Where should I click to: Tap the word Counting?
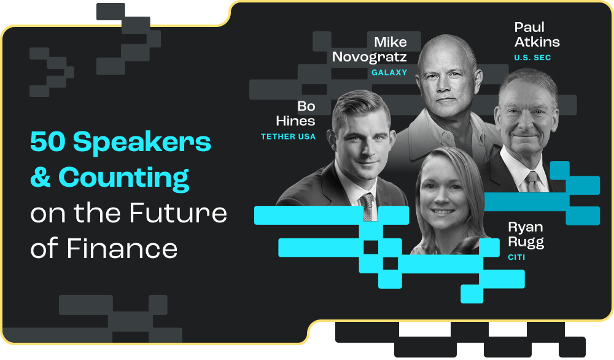click(x=123, y=178)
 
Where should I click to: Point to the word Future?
click(x=179, y=213)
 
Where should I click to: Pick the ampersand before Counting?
click(x=41, y=178)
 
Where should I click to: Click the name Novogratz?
click(x=370, y=57)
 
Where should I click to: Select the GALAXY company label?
click(x=389, y=72)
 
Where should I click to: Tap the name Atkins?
click(x=537, y=42)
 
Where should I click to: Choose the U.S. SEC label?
click(x=532, y=58)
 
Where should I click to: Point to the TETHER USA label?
click(x=288, y=136)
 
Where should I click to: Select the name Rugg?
click(x=526, y=242)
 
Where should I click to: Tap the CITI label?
click(x=516, y=257)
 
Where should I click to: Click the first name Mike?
click(x=391, y=42)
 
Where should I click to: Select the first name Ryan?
click(x=526, y=227)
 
